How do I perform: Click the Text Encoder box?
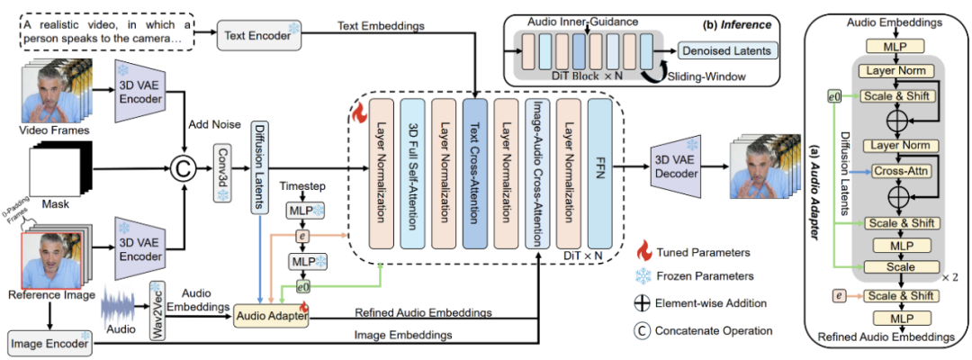(256, 35)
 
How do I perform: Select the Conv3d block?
(220, 166)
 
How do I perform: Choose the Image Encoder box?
(51, 342)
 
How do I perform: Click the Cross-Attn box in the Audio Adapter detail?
(886, 169)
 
